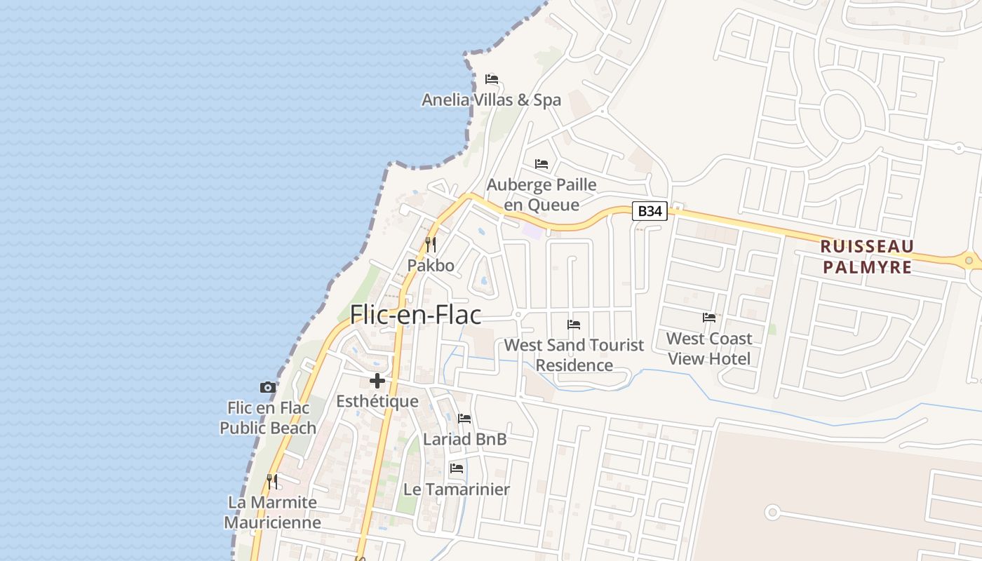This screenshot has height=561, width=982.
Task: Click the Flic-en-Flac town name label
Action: (x=415, y=315)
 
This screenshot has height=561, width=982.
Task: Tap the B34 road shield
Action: (x=649, y=211)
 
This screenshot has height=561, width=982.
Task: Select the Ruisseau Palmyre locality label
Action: (x=868, y=257)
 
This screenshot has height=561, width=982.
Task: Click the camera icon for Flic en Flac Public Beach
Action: (x=267, y=387)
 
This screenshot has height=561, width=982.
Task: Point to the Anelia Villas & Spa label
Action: (x=491, y=100)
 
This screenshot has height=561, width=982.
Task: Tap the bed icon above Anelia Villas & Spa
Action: (x=492, y=79)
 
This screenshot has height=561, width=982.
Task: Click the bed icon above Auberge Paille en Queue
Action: (x=542, y=164)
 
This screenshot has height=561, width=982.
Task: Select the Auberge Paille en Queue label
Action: (x=542, y=195)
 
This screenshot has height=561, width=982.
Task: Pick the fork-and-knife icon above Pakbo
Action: (x=431, y=245)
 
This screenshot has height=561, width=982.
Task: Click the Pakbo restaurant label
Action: (x=431, y=266)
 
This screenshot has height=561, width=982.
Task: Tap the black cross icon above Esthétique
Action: (x=377, y=381)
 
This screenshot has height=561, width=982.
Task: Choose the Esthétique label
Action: (x=377, y=402)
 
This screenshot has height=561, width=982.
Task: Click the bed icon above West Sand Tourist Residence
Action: (x=574, y=325)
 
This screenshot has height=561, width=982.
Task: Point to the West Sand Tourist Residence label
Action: (x=574, y=355)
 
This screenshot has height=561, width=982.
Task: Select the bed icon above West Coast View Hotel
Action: (x=709, y=318)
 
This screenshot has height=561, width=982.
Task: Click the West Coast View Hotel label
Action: (x=709, y=349)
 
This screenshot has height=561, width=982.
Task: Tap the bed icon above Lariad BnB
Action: (x=464, y=419)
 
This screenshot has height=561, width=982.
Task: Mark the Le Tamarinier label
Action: (x=457, y=489)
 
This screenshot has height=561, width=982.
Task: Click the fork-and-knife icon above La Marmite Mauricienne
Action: (x=272, y=482)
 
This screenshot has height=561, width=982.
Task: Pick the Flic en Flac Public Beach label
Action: (x=268, y=418)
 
